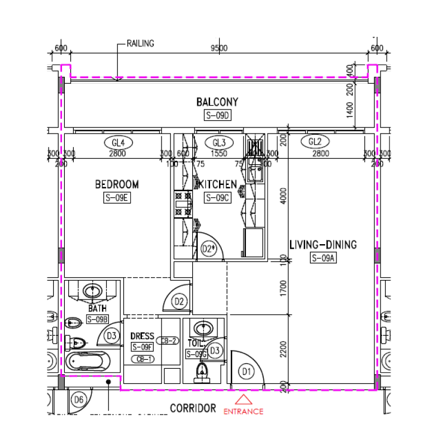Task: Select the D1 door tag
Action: point(245,370)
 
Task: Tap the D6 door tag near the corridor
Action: point(79,400)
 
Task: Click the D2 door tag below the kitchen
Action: point(179,302)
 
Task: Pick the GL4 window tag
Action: point(117,142)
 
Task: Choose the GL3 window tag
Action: point(218,142)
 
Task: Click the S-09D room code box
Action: point(217,116)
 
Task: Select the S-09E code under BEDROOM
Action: point(117,197)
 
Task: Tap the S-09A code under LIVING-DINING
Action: point(323,258)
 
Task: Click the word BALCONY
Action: point(217,102)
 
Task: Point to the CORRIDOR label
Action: point(193,408)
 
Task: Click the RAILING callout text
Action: point(140,43)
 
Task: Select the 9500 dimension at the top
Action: point(218,49)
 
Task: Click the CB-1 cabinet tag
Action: point(144,359)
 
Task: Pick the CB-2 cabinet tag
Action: point(168,341)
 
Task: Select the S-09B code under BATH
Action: point(97,319)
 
